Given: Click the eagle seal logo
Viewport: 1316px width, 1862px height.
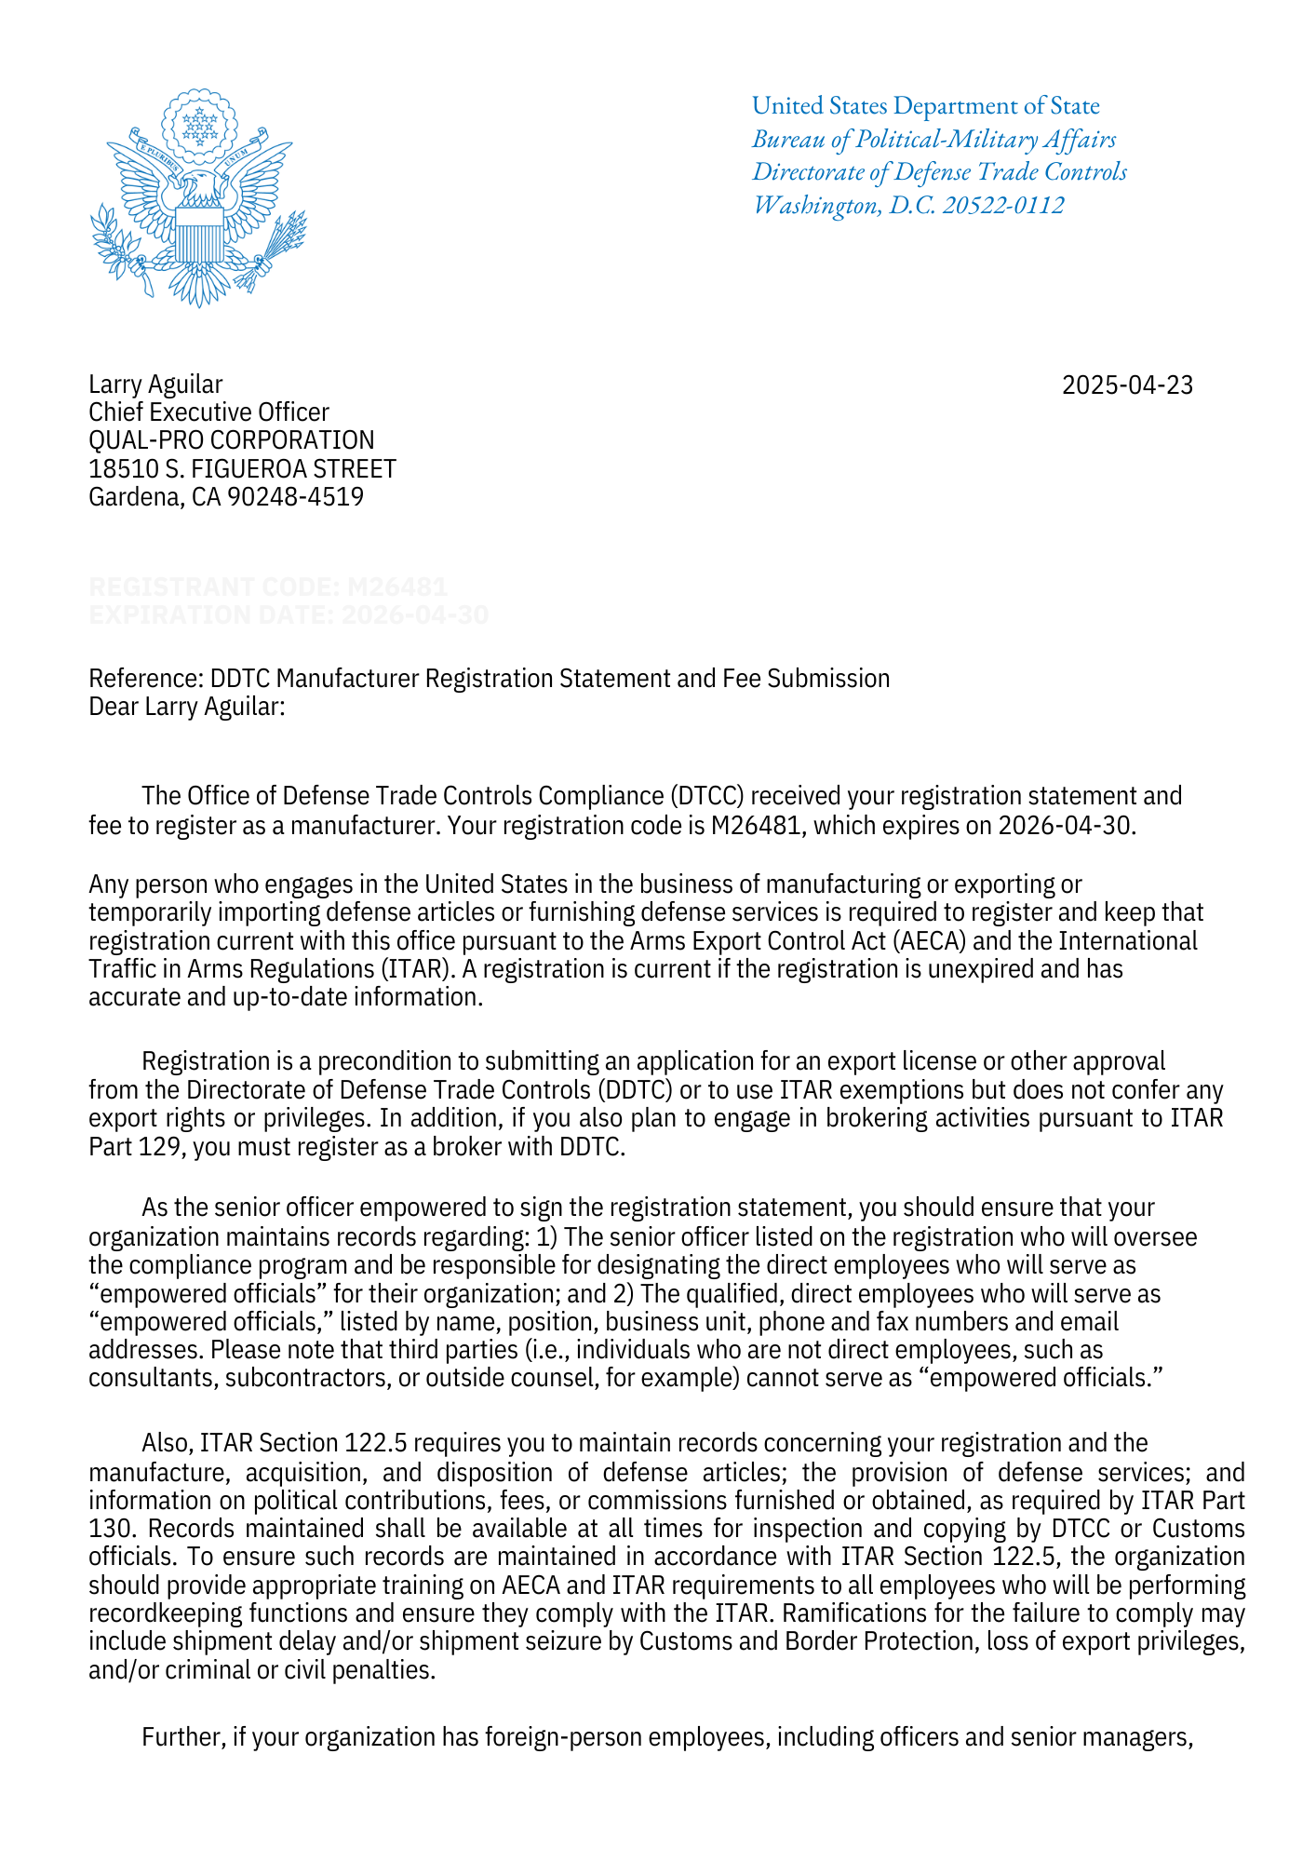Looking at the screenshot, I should point(198,198).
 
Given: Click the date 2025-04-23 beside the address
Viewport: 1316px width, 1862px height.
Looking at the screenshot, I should point(1127,385).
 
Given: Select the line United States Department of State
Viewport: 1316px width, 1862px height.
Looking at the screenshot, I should point(925,106).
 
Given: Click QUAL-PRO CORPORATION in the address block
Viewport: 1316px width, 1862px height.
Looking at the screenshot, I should point(231,440).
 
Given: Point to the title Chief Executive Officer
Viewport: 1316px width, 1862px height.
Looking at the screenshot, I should point(208,412).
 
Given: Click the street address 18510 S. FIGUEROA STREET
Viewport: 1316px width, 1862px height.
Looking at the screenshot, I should point(242,468).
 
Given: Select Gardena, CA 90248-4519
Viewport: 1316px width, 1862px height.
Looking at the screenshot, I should point(225,497).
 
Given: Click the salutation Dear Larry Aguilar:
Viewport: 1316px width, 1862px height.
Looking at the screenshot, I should point(186,707).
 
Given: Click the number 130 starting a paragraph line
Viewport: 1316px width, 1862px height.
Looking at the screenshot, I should point(107,1530).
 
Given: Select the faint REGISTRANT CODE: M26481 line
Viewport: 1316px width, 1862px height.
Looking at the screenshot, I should point(268,587).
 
